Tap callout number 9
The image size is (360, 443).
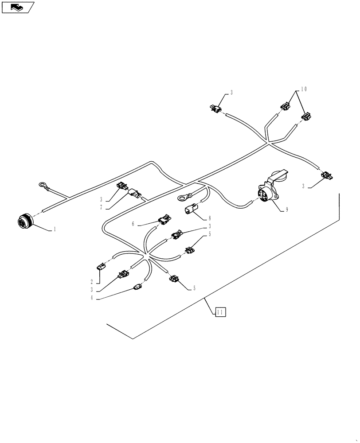(287, 210)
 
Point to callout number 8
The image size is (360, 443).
(210, 218)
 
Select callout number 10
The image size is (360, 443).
(303, 89)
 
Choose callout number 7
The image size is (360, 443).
(101, 207)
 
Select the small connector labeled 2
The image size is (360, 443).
(100, 268)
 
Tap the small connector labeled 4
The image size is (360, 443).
(137, 288)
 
